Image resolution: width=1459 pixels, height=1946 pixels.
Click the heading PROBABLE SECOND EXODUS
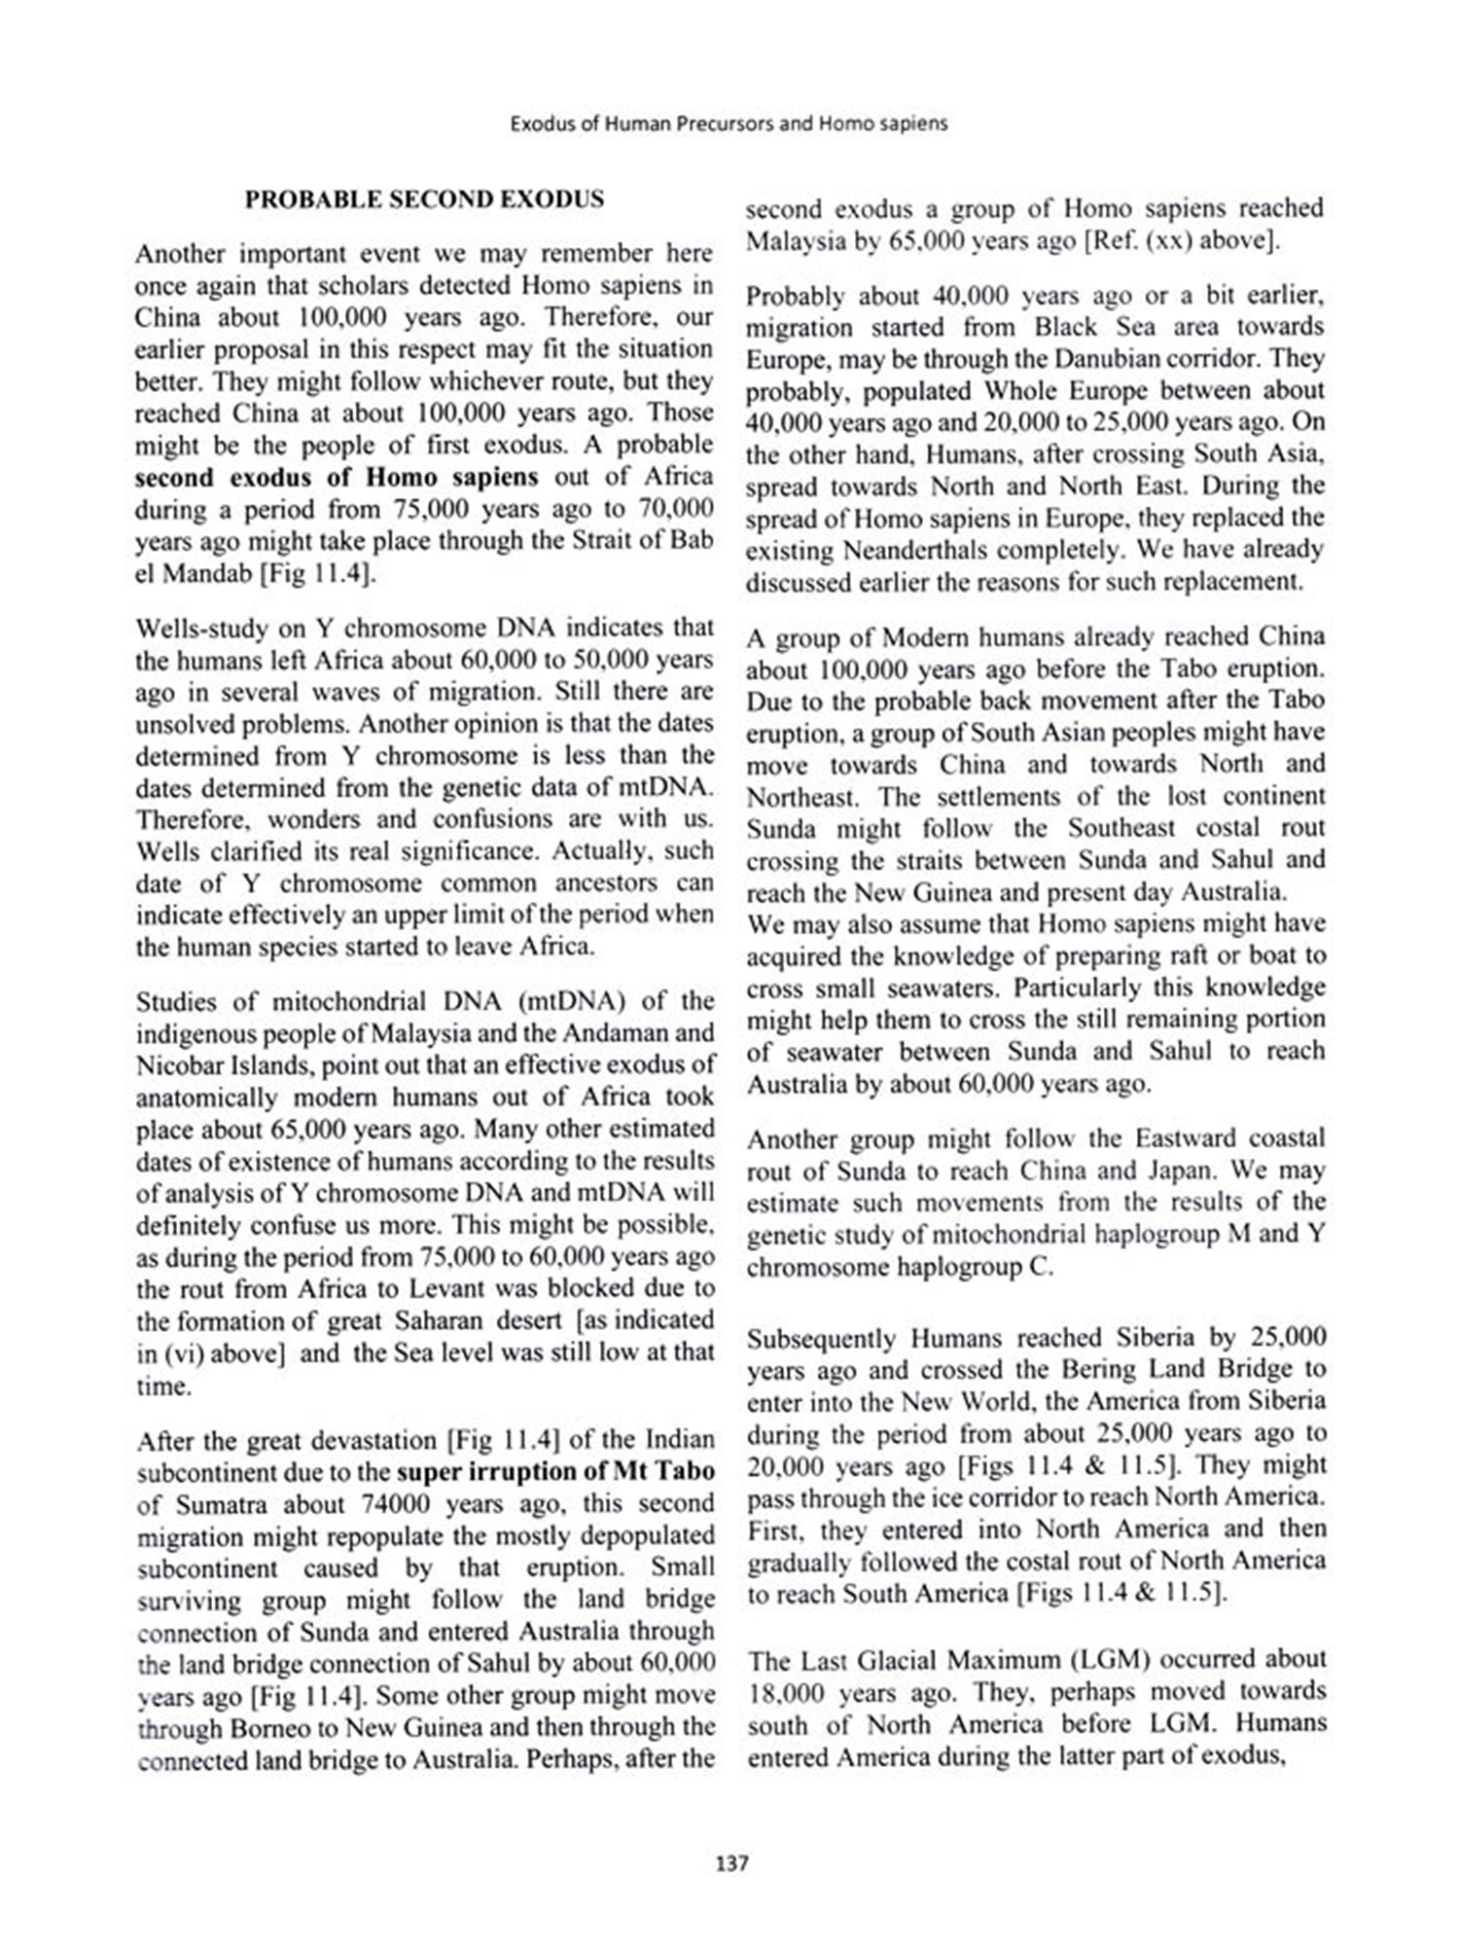424,199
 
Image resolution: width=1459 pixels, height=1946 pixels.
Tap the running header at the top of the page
729,124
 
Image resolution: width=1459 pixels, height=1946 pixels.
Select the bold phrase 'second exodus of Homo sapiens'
336,478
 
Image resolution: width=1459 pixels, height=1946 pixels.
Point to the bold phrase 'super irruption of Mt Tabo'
555,1470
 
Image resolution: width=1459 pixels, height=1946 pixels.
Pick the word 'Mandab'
204,574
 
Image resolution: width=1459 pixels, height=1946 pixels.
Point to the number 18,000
785,1691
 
